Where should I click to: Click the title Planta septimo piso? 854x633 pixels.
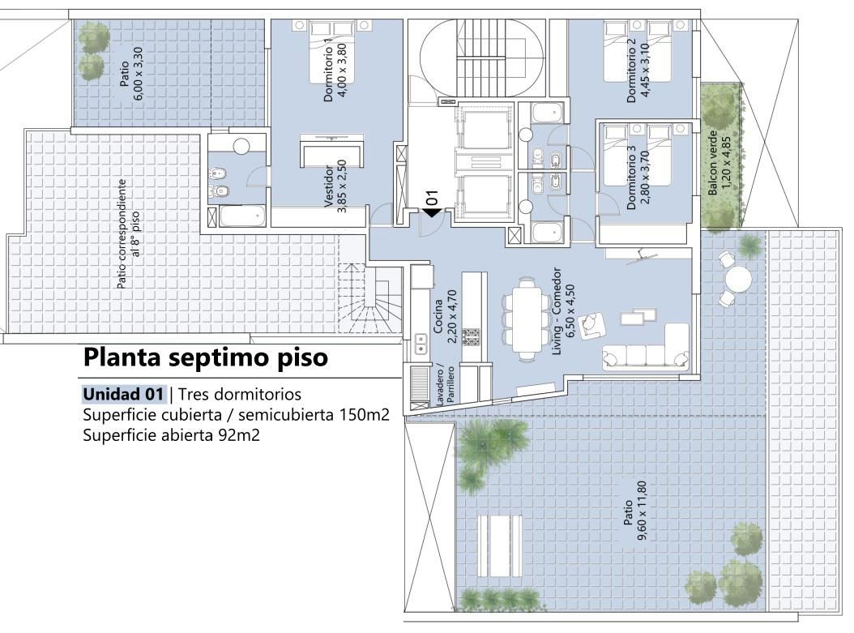coord(205,358)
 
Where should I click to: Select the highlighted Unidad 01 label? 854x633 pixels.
coord(123,394)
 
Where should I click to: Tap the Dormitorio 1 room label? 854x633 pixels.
coord(335,74)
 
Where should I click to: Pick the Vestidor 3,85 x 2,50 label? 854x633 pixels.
coord(335,186)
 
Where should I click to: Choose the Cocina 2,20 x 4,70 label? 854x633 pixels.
coord(445,316)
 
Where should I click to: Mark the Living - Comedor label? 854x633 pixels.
coord(563,311)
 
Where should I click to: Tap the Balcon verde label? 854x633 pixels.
coord(719,163)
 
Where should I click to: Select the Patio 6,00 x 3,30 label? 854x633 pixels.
coord(131,74)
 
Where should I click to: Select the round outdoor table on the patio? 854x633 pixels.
coord(738,280)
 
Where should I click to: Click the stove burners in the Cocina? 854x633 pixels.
coord(471,336)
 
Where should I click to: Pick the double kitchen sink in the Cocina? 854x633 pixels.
coord(420,343)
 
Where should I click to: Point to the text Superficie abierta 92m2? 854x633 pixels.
coord(171,435)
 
